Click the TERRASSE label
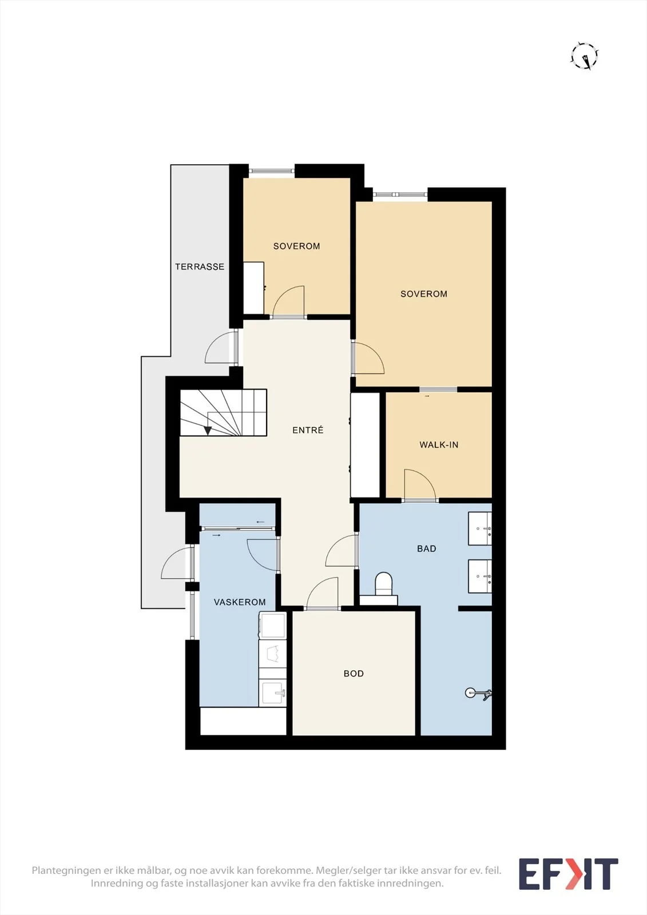point(200,266)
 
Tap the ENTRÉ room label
point(308,429)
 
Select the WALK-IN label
point(439,445)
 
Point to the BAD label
point(426,548)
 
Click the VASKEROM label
point(240,602)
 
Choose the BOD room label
point(354,674)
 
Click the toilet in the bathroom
point(383,585)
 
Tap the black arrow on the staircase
point(208,431)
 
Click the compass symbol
point(585,56)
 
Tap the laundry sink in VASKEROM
point(273,693)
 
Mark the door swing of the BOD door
point(323,593)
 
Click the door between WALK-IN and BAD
point(420,485)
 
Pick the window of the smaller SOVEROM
point(271,171)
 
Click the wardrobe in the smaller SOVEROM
point(253,288)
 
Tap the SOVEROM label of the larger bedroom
point(423,294)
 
